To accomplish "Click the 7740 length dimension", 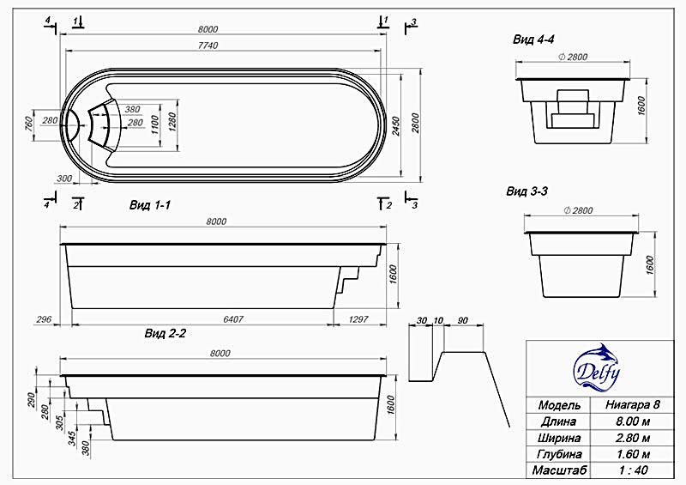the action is click(x=208, y=45).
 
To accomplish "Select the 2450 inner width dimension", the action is click(x=396, y=125).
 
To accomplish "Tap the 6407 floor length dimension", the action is click(x=233, y=319).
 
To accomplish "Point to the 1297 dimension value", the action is click(x=358, y=319).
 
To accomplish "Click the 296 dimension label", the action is click(x=45, y=319).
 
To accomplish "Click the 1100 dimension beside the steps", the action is click(x=154, y=124).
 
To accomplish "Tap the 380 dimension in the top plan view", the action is click(x=132, y=109).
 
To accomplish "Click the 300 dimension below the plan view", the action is click(x=64, y=179).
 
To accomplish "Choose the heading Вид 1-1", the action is click(x=149, y=205).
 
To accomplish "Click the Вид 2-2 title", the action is click(x=165, y=334).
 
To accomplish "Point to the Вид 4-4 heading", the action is click(x=533, y=39).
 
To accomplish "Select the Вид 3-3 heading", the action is click(x=527, y=191).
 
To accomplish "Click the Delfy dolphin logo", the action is click(x=597, y=367).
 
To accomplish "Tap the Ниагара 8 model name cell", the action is click(x=633, y=404).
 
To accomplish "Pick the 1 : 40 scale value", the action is click(x=633, y=470).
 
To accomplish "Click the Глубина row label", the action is click(x=559, y=454).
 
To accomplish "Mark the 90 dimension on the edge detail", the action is click(x=462, y=321).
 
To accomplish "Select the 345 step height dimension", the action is click(x=72, y=438).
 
